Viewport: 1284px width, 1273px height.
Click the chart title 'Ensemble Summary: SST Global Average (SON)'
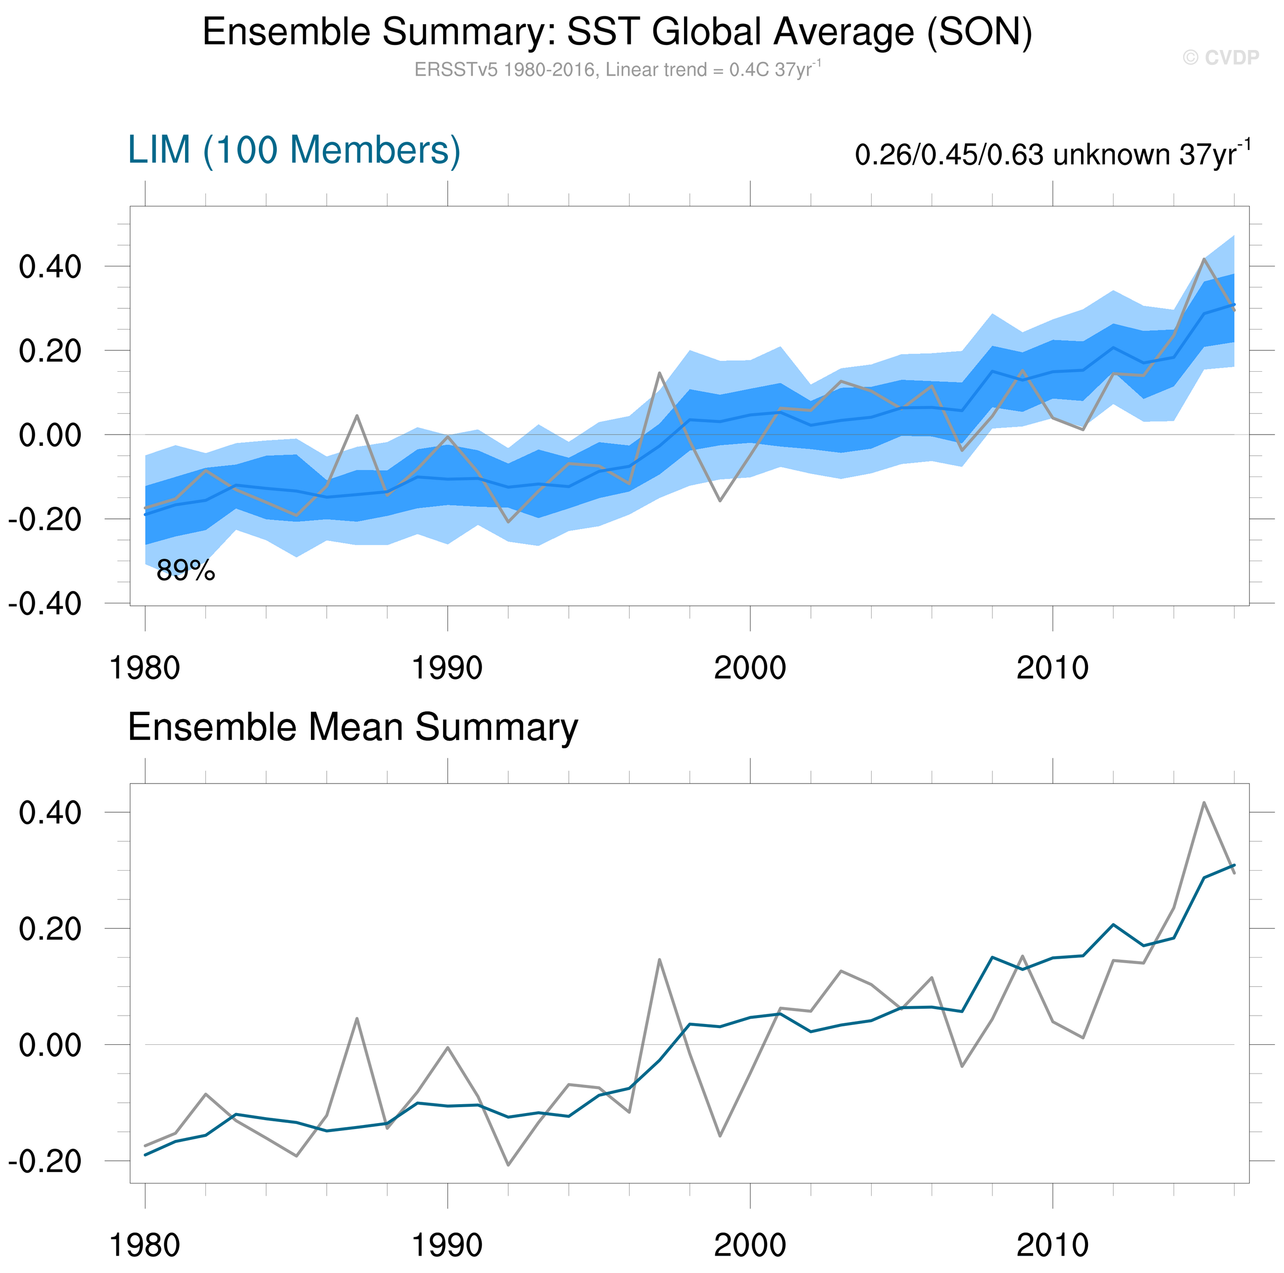[x=617, y=32]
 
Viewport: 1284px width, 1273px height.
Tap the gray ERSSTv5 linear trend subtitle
[x=617, y=70]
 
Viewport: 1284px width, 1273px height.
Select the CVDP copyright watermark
[x=1220, y=58]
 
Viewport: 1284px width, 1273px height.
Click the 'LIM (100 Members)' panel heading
[x=294, y=150]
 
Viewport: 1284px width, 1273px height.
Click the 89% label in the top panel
[x=186, y=571]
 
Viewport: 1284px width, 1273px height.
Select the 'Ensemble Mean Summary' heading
[x=353, y=727]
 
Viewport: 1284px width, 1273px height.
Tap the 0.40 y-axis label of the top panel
[x=50, y=267]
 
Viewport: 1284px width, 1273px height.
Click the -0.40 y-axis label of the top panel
[x=45, y=604]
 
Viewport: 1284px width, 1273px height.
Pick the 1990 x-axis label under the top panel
[x=447, y=668]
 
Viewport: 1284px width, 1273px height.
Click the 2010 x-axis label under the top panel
[x=1052, y=668]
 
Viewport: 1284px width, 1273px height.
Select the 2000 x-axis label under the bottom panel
[x=750, y=1245]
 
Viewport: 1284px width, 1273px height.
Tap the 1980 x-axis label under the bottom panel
[x=145, y=1245]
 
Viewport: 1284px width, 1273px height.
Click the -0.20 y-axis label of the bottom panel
[x=45, y=1161]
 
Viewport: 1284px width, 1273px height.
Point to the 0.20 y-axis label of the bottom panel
[x=50, y=929]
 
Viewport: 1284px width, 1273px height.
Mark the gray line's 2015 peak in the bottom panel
[x=1204, y=803]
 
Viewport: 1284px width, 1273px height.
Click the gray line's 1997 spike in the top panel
[x=659, y=373]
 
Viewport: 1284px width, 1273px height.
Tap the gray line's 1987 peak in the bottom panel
[x=357, y=1019]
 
